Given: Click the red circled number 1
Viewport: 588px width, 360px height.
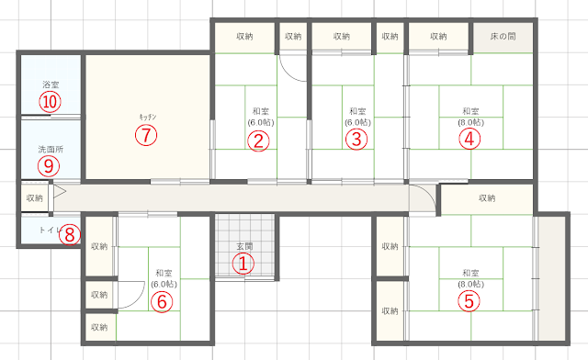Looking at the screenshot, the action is coord(243,264).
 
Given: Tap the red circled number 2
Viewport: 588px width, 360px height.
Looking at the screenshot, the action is coord(258,141).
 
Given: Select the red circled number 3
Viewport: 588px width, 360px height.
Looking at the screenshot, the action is coord(356,139).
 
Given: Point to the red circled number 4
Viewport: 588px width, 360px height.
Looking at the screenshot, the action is coord(469,139).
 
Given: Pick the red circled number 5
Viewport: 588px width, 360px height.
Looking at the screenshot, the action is coord(469,300).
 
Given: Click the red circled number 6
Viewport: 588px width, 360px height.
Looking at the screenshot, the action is coord(162,301).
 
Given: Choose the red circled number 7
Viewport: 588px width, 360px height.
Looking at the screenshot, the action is coord(146,135).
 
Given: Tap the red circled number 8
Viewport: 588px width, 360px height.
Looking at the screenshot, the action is coord(70,235).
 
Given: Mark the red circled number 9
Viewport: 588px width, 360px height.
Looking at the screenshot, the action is coord(49,165).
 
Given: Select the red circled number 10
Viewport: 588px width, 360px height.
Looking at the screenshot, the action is coord(50,102).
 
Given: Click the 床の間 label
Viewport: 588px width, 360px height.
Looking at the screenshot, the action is coord(503,37).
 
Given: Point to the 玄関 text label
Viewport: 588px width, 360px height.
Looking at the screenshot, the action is coord(244,246).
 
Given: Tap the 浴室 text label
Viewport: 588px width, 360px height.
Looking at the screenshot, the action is coord(51,84).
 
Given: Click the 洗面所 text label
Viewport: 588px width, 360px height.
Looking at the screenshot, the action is coord(51,150).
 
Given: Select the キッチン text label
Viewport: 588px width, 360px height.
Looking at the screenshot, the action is coord(148,117).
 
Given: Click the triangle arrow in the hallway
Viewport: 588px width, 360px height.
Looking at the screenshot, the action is coord(59,191).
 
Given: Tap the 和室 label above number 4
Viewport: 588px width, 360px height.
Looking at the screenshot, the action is coord(470,111).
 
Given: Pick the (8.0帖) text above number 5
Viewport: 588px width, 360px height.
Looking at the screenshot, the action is coord(470,285).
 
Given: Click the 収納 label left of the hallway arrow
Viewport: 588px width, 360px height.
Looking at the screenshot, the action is coord(35,197).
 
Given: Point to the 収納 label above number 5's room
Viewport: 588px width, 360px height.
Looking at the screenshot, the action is coord(487,197).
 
